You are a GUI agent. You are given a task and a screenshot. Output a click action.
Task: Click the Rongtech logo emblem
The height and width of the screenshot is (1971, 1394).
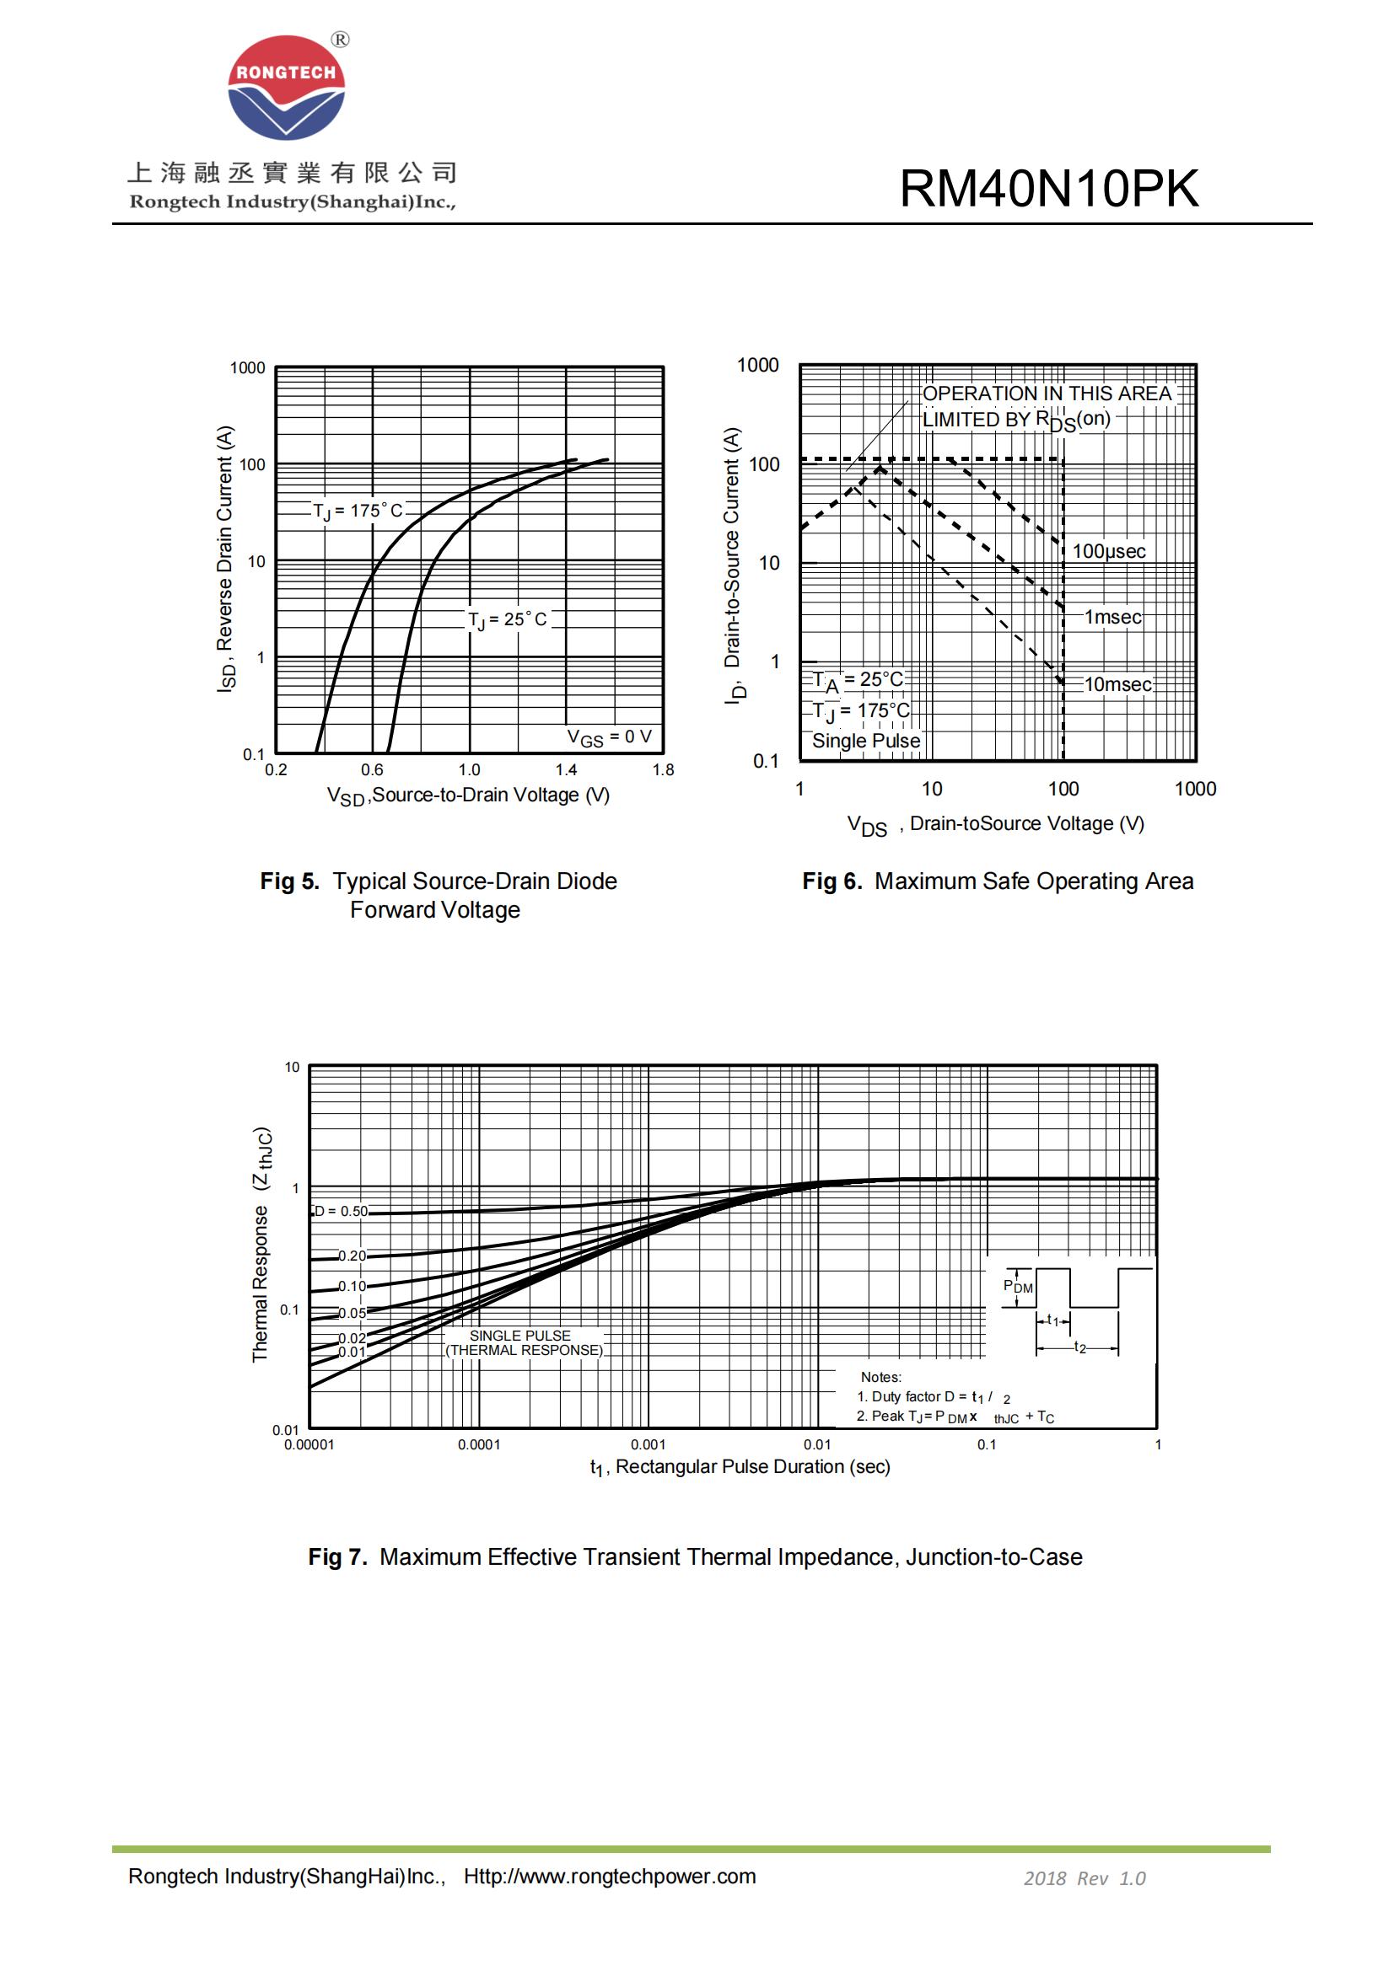[x=286, y=88]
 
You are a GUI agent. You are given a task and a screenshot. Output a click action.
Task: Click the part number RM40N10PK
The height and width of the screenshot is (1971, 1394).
[x=1048, y=188]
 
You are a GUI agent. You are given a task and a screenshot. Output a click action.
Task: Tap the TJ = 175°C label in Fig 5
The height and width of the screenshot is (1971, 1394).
[x=358, y=511]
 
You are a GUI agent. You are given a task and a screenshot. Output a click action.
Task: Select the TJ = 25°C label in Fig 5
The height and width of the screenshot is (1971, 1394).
[x=507, y=620]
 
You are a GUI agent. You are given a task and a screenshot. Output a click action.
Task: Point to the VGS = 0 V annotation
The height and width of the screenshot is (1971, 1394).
[x=609, y=737]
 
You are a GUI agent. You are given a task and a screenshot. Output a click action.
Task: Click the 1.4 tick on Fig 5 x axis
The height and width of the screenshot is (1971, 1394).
[x=566, y=770]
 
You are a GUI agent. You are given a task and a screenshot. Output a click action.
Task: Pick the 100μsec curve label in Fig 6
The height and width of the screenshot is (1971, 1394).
[x=1108, y=551]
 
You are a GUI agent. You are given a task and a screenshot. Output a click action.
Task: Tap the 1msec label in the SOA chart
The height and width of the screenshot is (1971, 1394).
[x=1112, y=617]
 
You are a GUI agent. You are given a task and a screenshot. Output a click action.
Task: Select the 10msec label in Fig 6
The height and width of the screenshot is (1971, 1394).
[x=1117, y=684]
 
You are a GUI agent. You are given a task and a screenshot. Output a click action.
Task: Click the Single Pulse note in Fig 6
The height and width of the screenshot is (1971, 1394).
[x=866, y=741]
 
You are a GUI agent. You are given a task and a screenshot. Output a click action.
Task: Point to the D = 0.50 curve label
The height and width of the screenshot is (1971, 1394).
[x=341, y=1211]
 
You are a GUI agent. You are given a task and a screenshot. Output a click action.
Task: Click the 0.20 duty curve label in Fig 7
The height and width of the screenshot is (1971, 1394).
[x=352, y=1256]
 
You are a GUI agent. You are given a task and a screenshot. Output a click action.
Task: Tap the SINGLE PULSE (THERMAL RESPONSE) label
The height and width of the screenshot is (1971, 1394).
[x=523, y=1342]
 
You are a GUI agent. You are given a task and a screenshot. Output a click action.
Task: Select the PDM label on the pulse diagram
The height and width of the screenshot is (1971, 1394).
[x=1018, y=1286]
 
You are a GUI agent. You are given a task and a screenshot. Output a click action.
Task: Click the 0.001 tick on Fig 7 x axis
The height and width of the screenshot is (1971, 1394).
[x=648, y=1445]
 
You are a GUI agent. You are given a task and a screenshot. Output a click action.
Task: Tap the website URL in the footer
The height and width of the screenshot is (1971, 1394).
[x=610, y=1877]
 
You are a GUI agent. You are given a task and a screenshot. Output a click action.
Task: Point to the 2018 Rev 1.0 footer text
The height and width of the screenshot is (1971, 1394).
[x=1084, y=1878]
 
